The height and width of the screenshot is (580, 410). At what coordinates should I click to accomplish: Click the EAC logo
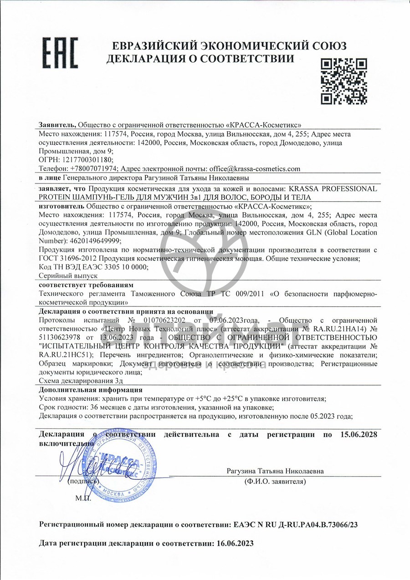coord(61,53)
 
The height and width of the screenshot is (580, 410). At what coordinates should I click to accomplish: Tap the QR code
coord(344,81)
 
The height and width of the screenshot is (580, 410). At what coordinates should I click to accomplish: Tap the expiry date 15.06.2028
coord(359,435)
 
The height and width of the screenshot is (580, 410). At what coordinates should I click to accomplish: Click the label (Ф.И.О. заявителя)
coord(275,481)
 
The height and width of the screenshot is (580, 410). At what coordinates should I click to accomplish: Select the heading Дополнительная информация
coord(91,390)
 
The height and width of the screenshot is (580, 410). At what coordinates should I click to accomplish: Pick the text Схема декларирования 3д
coord(76,381)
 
